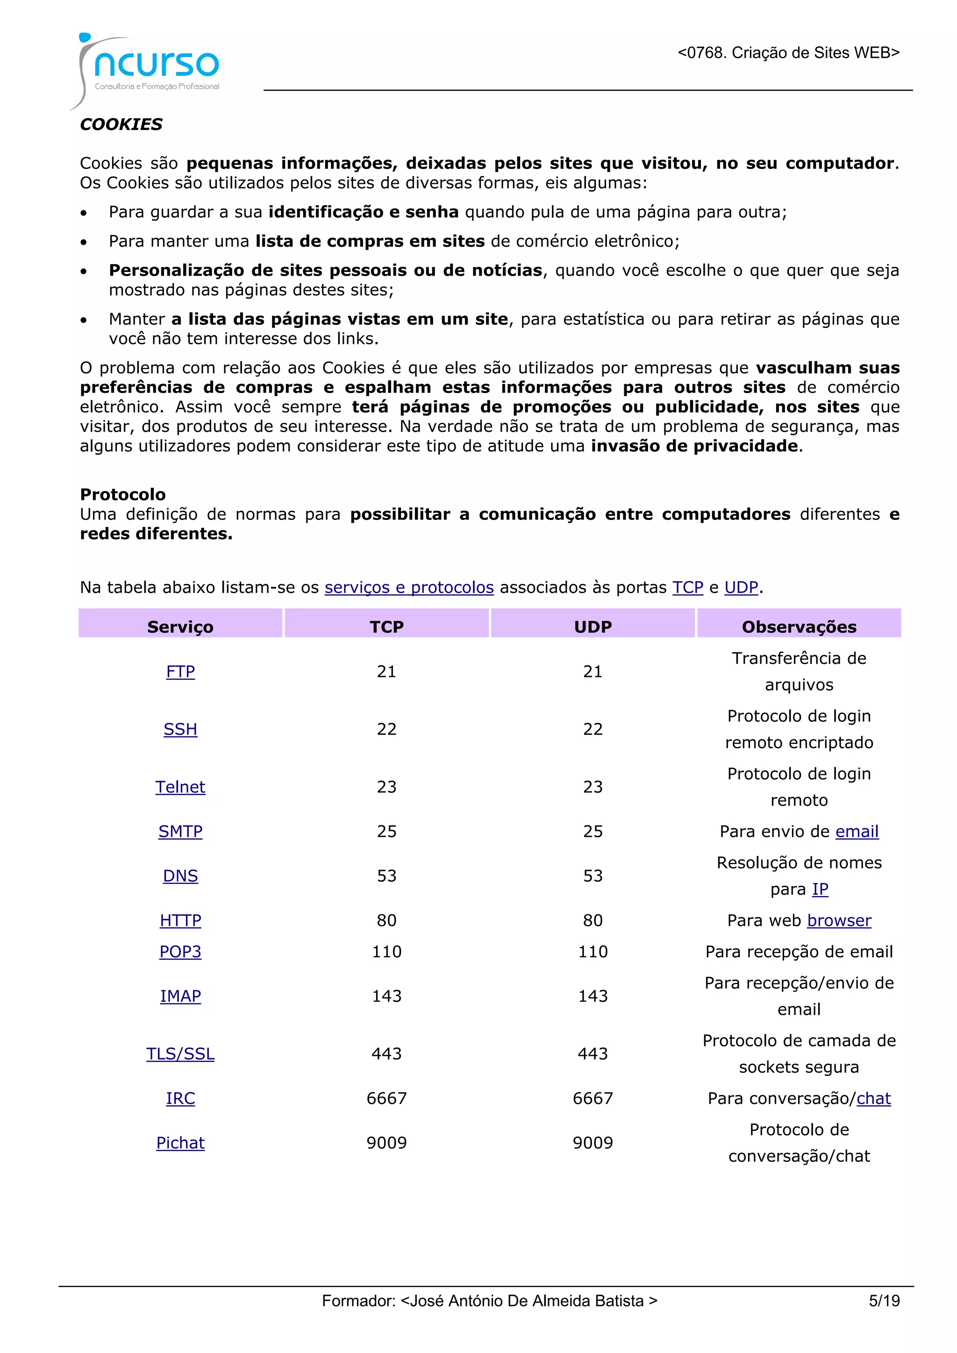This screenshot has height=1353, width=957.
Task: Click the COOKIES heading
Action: pyautogui.click(x=121, y=124)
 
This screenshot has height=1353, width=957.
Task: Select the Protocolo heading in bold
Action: pyautogui.click(x=122, y=494)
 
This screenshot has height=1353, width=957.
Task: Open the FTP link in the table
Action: pyautogui.click(x=180, y=671)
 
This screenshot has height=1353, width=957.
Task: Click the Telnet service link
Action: pyautogui.click(x=180, y=787)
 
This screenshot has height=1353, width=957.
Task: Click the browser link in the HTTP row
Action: pyautogui.click(x=839, y=920)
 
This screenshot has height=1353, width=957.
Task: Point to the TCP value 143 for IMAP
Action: pyautogui.click(x=386, y=996)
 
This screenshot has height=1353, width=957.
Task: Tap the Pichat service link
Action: pyautogui.click(x=180, y=1143)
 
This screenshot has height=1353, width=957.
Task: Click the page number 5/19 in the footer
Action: pyautogui.click(x=884, y=1301)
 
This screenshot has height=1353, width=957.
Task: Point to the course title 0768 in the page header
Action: pyautogui.click(x=788, y=53)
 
